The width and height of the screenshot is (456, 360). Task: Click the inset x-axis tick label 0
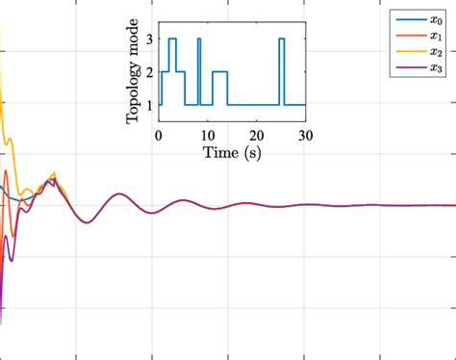(159, 136)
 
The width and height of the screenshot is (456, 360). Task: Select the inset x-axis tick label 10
(208, 136)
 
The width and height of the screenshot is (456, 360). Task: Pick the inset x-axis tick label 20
(257, 136)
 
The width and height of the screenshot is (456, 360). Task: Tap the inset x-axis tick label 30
(305, 136)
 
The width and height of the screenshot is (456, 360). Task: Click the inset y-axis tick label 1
(149, 104)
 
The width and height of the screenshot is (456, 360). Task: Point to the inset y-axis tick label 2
(149, 71)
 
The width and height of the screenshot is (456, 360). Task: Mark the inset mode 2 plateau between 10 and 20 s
(219, 71)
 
